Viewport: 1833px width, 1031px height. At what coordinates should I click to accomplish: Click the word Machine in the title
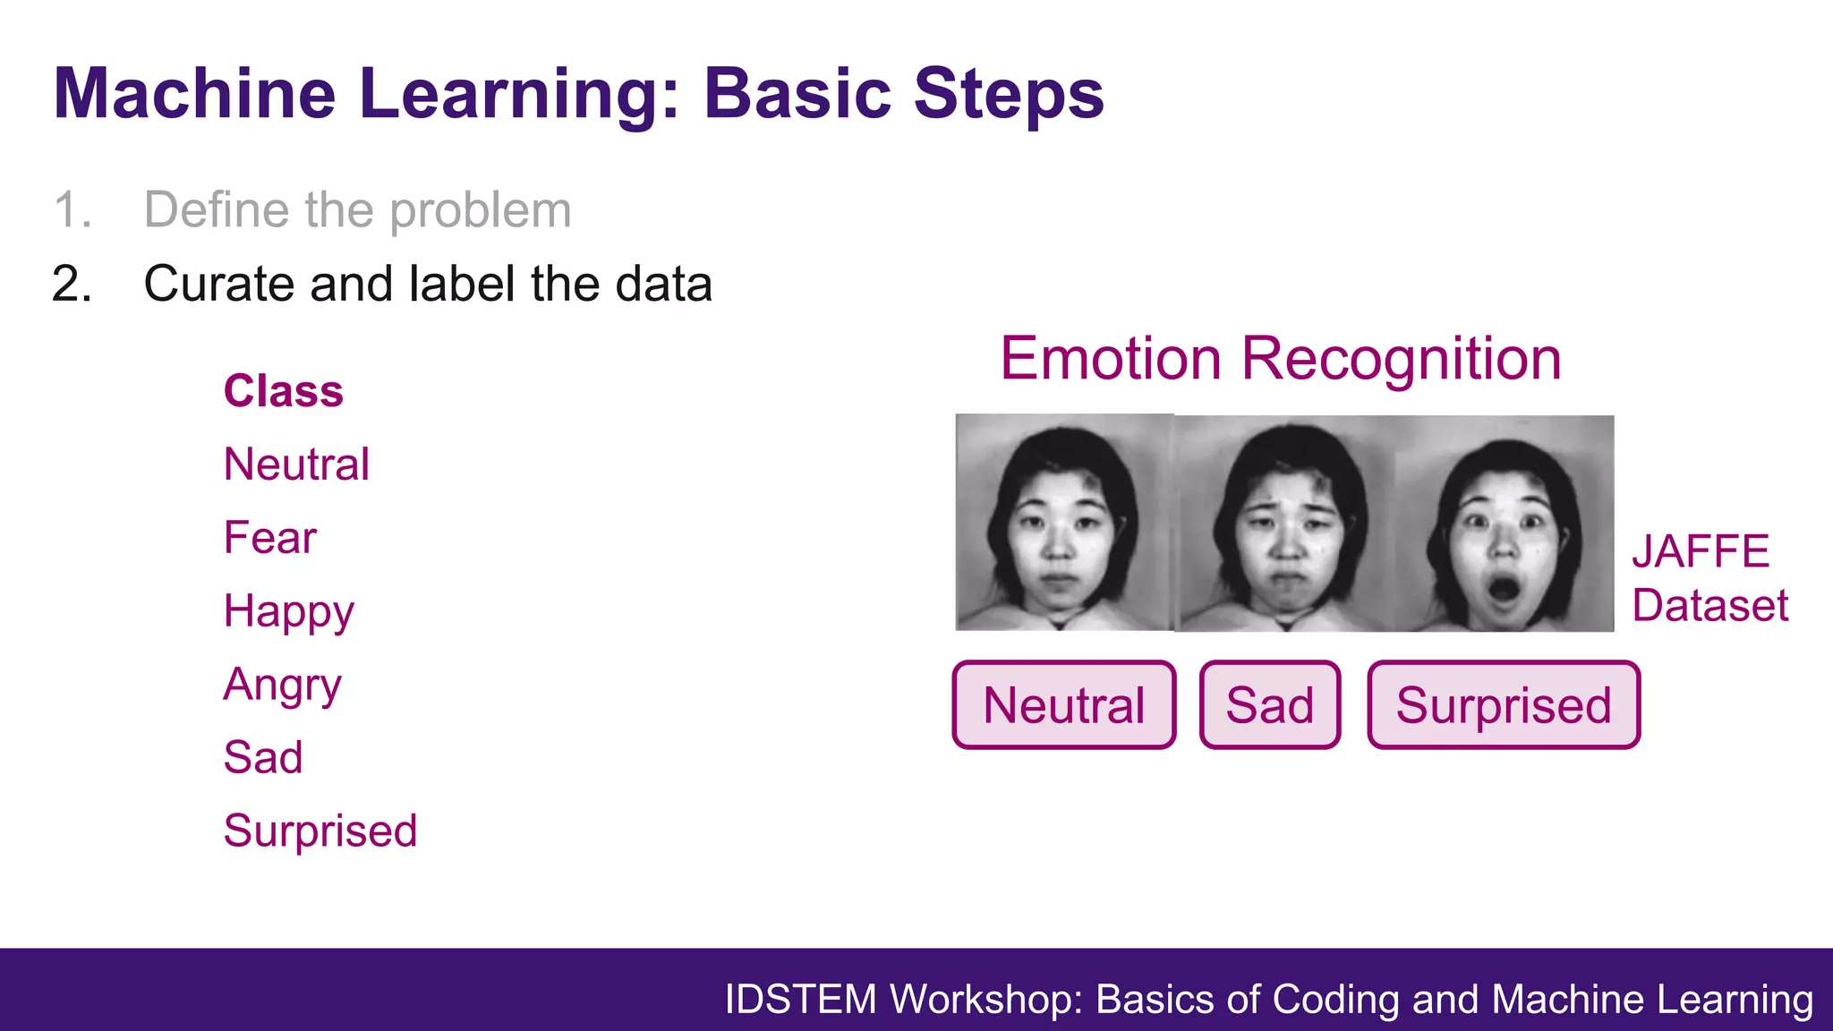194,93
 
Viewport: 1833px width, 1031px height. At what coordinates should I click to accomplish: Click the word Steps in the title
1009,93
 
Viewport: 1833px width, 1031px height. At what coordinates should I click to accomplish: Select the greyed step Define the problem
357,210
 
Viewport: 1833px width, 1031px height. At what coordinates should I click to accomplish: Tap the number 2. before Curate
72,284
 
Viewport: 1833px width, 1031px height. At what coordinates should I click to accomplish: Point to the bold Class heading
283,391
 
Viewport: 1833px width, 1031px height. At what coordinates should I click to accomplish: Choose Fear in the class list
269,538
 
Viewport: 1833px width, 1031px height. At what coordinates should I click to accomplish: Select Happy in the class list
288,612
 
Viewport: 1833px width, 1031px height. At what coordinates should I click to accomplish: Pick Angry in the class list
282,686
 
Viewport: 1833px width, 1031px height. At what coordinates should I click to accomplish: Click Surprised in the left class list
320,831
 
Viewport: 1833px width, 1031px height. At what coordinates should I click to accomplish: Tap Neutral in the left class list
296,464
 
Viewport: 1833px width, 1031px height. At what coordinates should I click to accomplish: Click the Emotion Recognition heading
1280,359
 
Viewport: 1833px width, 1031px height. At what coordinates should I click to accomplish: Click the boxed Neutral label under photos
1063,705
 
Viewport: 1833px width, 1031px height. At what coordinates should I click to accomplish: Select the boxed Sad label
1269,705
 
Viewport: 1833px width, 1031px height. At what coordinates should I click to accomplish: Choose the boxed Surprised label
1504,705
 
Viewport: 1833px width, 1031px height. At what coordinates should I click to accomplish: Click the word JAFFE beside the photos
1700,551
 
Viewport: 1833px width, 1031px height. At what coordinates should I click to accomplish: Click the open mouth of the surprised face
1503,590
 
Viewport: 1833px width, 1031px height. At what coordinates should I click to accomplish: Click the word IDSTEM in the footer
800,1000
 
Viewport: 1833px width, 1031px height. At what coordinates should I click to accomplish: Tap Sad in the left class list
262,758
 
